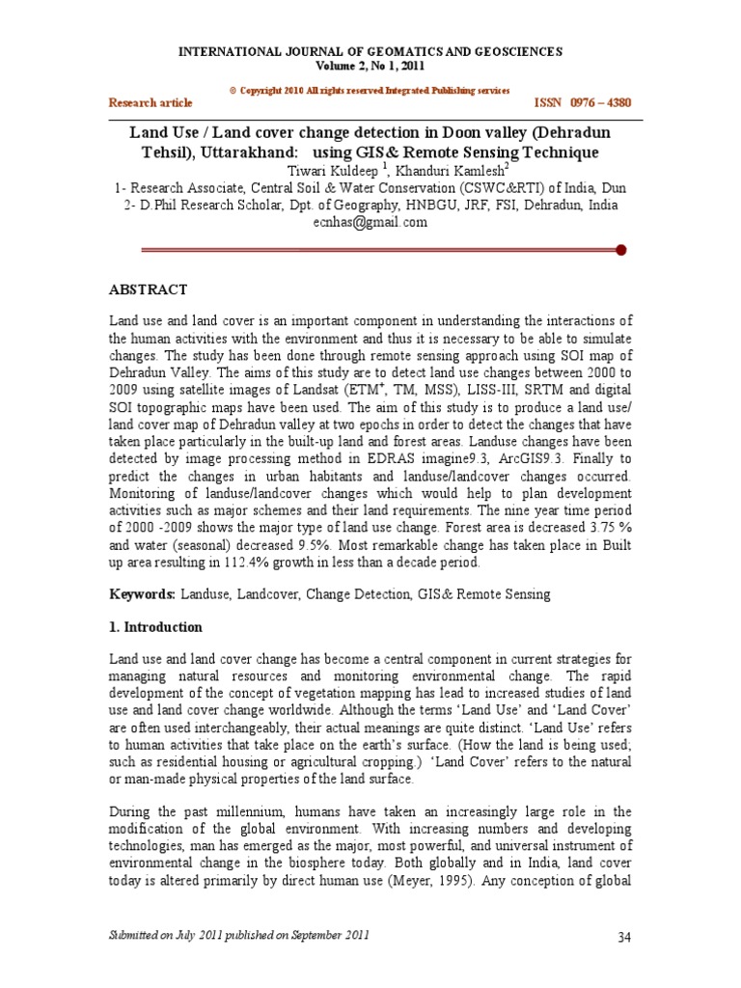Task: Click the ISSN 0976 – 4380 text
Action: tap(584, 102)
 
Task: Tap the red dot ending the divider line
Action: tap(621, 250)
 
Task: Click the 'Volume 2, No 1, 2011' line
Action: tap(370, 65)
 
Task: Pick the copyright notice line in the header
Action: tap(370, 90)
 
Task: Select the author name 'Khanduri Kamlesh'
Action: tap(405, 171)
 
